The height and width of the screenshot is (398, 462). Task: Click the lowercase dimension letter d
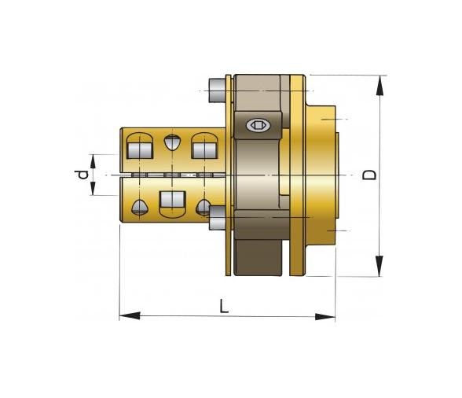(81, 175)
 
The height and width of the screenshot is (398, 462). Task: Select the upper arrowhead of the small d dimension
(93, 160)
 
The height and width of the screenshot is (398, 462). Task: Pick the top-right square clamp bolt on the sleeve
(203, 146)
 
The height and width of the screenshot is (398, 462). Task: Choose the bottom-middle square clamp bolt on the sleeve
(171, 201)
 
